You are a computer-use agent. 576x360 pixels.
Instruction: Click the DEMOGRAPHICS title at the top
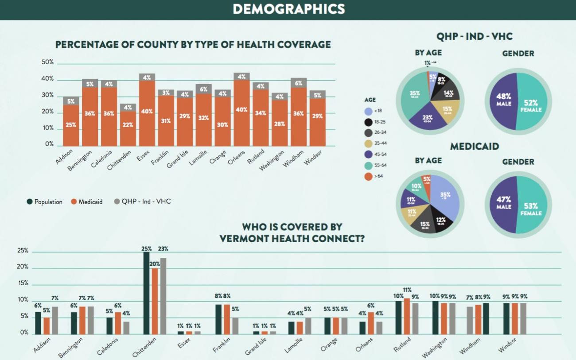tap(288, 9)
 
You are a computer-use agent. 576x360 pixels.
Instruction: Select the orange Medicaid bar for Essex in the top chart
tap(147, 113)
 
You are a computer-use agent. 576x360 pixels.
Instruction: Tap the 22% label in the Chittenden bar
tap(128, 125)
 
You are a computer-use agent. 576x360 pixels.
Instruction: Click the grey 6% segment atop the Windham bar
tap(299, 83)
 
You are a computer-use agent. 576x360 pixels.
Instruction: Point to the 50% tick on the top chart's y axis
tap(48, 62)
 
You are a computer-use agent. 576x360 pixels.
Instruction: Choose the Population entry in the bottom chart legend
tap(44, 202)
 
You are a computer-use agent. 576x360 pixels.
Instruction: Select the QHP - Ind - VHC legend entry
tap(143, 202)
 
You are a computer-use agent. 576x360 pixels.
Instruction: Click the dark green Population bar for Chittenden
tap(146, 292)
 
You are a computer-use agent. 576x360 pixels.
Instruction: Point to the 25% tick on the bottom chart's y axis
tap(23, 251)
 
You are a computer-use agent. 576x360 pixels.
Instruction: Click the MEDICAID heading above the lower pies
tap(475, 147)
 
